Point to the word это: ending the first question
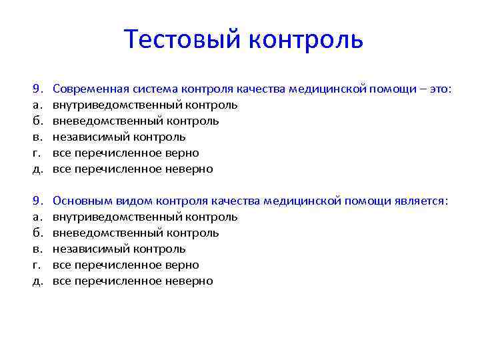click(437, 89)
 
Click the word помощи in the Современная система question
click(397, 89)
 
